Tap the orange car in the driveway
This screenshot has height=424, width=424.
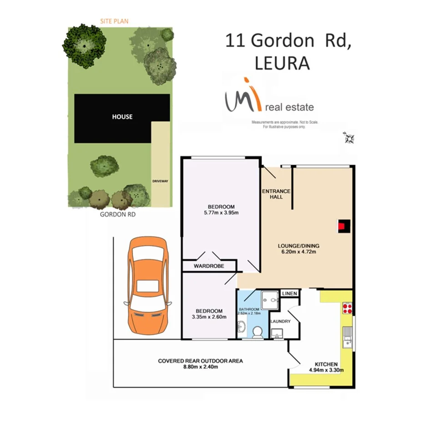148,286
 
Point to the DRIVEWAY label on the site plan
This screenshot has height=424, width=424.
160,181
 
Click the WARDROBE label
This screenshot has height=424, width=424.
209,266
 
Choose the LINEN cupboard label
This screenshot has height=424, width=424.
289,294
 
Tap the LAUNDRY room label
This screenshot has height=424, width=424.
280,322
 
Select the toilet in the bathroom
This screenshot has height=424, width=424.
257,331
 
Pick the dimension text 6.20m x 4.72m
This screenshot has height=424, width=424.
297,252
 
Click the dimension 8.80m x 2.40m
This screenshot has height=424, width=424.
200,367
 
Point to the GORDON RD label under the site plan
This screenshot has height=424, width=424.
118,213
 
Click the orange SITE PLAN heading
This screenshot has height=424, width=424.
114,21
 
